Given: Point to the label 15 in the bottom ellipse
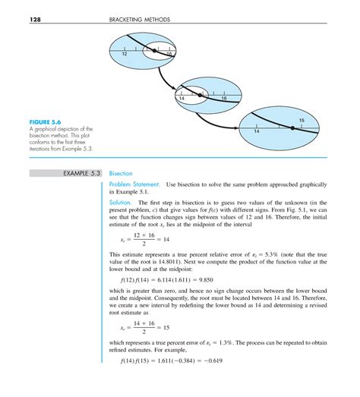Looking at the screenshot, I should [302, 121].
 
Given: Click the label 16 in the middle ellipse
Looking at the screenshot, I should [224, 99].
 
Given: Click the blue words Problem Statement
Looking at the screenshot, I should [134, 185].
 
